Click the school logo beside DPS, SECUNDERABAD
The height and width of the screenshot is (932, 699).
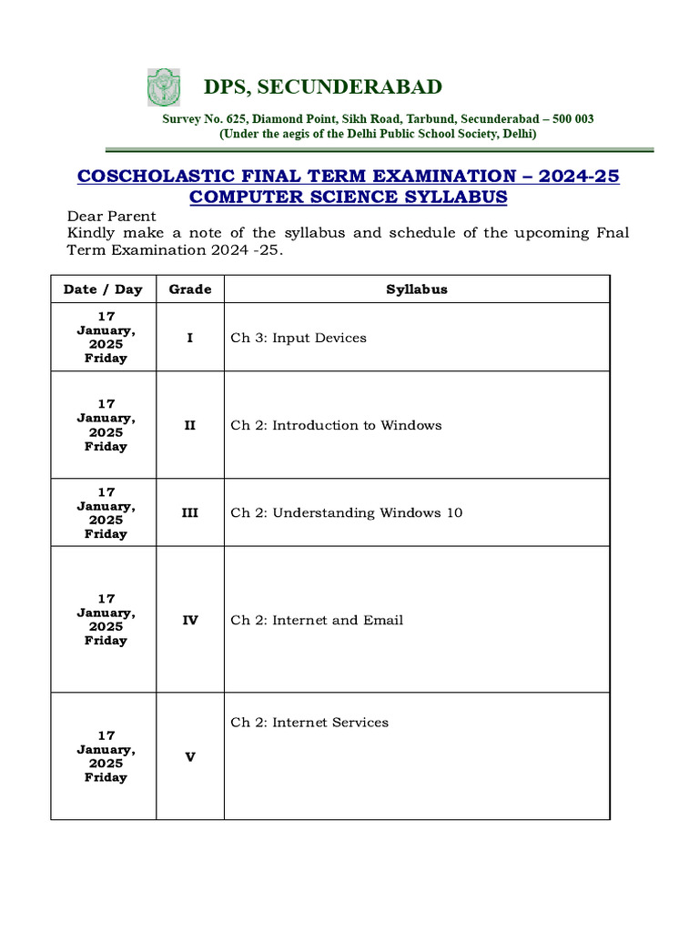(x=164, y=87)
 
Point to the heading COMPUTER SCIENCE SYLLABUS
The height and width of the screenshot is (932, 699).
(x=349, y=198)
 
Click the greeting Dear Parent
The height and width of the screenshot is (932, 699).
(x=112, y=217)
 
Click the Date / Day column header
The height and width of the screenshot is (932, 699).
(x=103, y=289)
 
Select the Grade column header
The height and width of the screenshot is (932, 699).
(x=190, y=289)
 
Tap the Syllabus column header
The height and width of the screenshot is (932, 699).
(x=417, y=289)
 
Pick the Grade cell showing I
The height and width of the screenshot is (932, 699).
(x=190, y=338)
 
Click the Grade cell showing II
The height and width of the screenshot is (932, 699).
(x=190, y=425)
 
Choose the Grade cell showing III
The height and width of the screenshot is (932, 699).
(x=190, y=512)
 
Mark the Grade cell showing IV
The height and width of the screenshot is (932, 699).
(x=190, y=620)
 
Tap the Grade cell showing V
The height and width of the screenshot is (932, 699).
(x=190, y=756)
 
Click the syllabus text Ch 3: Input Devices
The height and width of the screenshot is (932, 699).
(x=299, y=338)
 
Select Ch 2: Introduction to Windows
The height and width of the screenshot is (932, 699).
(x=336, y=425)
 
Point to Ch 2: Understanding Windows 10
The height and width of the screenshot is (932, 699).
(x=347, y=512)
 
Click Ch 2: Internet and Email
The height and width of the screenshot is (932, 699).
(x=317, y=620)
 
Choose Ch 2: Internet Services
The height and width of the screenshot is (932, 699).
(x=309, y=723)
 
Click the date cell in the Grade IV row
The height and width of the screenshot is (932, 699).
(x=106, y=620)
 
